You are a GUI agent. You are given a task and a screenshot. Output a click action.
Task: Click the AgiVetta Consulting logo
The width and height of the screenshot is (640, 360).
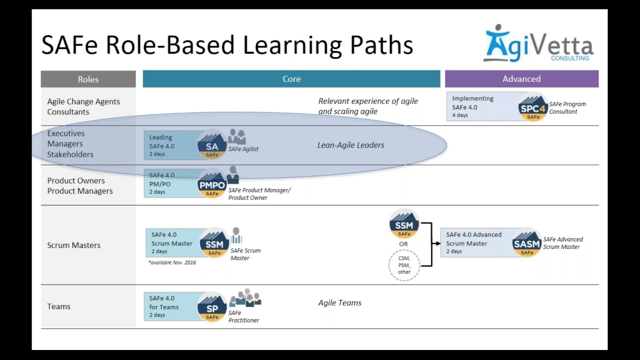[x=538, y=44]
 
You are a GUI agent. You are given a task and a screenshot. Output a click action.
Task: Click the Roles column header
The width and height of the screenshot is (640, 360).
[x=88, y=79]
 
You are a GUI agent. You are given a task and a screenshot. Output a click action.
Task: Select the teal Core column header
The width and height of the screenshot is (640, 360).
[x=291, y=79]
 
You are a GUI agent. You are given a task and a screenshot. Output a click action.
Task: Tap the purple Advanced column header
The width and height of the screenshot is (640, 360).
[x=521, y=79]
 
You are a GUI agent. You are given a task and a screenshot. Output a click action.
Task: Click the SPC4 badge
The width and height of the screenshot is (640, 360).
[x=533, y=107]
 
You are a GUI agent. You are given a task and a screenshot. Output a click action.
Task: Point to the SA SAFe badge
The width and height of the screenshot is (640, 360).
[x=212, y=146]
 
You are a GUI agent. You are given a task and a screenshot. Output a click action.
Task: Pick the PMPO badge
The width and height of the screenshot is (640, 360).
[x=212, y=185]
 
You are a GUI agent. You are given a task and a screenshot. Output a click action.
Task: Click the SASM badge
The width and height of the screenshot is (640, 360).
[x=526, y=243]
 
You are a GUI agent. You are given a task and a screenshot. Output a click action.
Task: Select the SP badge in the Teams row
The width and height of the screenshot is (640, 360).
[x=212, y=308]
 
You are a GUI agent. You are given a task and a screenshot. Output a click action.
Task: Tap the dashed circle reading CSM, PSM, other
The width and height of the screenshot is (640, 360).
[x=404, y=265]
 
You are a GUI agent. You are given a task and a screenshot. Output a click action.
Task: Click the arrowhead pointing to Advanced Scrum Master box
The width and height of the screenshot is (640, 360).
[x=437, y=243]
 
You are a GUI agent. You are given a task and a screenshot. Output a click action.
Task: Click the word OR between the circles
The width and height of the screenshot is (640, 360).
[x=403, y=244]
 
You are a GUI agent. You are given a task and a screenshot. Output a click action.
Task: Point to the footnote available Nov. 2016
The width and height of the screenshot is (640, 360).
[x=172, y=262]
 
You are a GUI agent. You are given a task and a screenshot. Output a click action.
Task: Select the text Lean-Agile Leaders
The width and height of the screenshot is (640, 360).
[x=350, y=145]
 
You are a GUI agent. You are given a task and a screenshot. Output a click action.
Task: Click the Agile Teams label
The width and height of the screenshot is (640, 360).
[x=339, y=302]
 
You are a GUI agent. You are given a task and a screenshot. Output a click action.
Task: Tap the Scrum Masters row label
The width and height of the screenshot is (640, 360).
[x=73, y=245]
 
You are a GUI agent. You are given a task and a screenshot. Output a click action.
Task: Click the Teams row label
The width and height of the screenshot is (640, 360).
[x=58, y=306]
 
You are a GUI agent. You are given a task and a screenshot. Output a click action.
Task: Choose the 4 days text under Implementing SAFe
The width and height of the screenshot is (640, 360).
[x=460, y=115]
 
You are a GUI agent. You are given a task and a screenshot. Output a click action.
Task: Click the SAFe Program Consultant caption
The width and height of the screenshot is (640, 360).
[x=567, y=107]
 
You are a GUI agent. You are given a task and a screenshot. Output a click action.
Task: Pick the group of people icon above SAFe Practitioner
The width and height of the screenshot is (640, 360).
[x=245, y=298]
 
